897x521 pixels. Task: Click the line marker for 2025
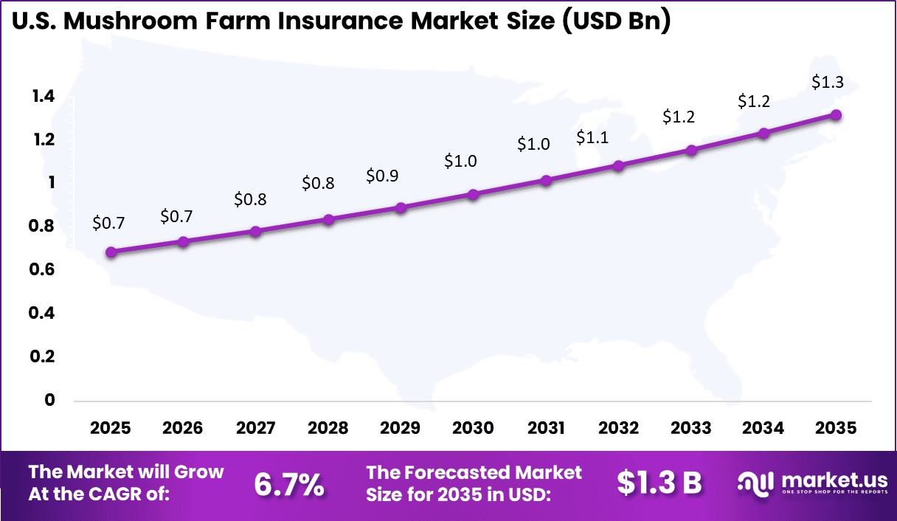(111, 252)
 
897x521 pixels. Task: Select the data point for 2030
(473, 195)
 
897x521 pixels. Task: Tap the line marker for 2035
(836, 115)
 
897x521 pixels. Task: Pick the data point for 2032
(618, 166)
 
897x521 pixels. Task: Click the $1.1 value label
(592, 137)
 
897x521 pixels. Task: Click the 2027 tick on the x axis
(255, 428)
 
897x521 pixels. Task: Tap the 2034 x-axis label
(763, 428)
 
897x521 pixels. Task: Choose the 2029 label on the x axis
(401, 428)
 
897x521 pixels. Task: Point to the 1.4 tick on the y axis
(44, 96)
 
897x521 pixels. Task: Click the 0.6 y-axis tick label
(44, 270)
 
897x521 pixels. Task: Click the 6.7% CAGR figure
(288, 484)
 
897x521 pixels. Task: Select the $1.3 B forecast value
(659, 483)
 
